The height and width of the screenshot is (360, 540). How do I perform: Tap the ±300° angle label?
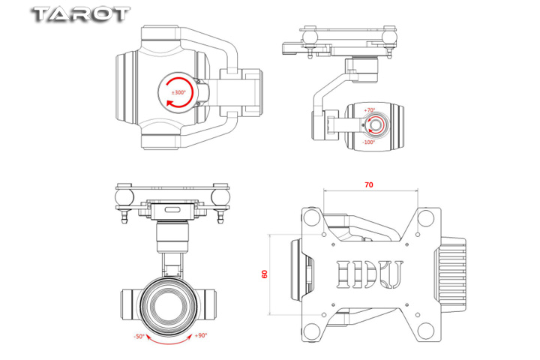[179, 92]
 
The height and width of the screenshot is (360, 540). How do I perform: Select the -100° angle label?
[368, 142]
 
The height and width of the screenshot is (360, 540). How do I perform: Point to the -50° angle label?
[139, 336]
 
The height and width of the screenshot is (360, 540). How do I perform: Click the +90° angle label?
[201, 336]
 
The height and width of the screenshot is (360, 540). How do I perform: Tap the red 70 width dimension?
[368, 184]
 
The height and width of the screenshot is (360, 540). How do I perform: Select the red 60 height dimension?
[264, 274]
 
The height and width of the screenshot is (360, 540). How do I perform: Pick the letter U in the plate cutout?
[391, 274]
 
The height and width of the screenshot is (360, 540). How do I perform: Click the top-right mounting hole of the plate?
[425, 217]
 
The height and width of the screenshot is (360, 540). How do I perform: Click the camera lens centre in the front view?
[169, 303]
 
